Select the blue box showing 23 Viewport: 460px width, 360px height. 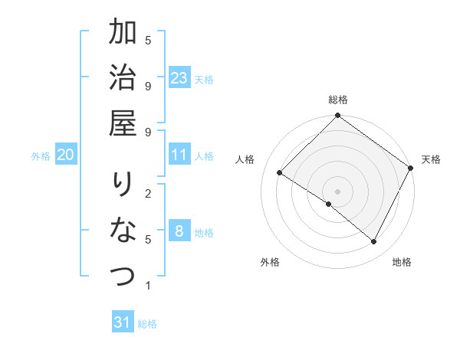[179, 78]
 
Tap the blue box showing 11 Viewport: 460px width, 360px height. [179, 155]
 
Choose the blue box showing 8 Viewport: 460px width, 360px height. [179, 231]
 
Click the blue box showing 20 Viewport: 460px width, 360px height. [65, 155]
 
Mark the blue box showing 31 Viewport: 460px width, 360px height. [123, 322]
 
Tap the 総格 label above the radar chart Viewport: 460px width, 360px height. [338, 100]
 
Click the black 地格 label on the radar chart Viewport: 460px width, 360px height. [402, 262]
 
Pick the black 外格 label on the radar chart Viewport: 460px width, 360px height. [270, 262]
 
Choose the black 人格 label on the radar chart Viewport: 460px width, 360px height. [245, 159]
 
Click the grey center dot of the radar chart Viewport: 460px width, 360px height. [338, 191]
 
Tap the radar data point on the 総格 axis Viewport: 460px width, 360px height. [338, 116]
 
